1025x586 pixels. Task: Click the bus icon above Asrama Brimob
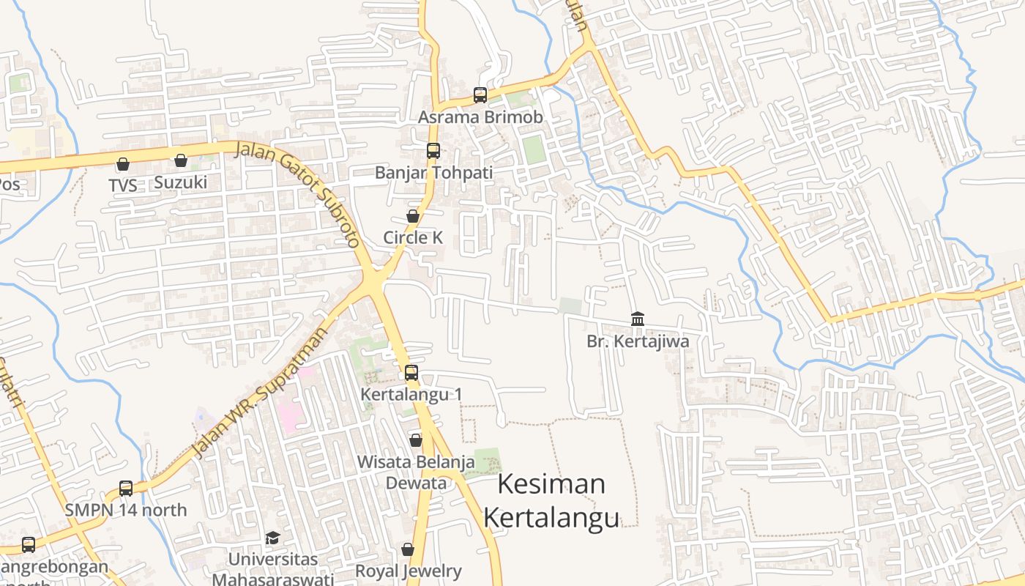(x=480, y=94)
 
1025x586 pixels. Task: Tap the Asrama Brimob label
(x=480, y=117)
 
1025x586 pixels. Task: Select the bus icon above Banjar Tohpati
(x=433, y=151)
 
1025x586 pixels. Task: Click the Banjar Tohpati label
(x=433, y=173)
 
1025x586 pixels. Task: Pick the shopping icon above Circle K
(x=413, y=216)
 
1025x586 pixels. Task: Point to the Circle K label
(x=413, y=237)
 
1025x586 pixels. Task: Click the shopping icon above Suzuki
(x=181, y=160)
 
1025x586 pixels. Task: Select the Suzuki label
(x=181, y=182)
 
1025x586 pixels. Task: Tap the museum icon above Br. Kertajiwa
(x=638, y=319)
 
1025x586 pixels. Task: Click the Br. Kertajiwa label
(x=638, y=341)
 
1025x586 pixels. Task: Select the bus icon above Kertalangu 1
(x=411, y=373)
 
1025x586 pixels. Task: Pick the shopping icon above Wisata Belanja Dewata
(x=416, y=440)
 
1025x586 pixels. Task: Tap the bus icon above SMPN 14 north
(x=126, y=488)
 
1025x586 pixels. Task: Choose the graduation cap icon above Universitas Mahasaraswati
(x=272, y=538)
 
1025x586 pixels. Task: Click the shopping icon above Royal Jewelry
(x=408, y=549)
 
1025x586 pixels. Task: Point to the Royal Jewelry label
(x=408, y=571)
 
